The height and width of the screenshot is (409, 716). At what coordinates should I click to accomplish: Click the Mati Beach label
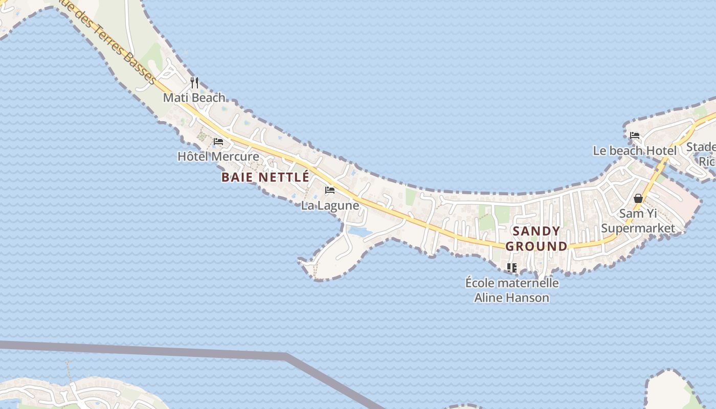(194, 97)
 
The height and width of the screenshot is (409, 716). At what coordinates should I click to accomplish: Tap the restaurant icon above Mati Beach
(194, 82)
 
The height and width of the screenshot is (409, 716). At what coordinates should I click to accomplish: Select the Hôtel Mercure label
(218, 156)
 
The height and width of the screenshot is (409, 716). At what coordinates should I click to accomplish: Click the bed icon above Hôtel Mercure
(218, 141)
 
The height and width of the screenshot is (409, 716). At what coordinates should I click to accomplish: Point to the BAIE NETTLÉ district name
(265, 177)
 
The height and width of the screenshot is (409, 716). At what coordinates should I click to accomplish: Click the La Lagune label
(330, 206)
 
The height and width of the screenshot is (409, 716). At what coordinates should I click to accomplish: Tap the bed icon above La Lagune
(330, 191)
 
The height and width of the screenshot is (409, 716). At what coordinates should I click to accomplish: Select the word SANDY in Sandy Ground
(536, 231)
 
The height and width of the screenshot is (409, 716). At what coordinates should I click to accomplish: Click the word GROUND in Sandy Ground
(536, 246)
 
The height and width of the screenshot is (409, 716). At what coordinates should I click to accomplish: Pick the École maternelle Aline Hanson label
(512, 290)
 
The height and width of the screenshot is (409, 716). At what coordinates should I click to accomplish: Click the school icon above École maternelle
(511, 267)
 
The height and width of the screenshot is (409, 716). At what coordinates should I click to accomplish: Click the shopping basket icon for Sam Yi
(638, 198)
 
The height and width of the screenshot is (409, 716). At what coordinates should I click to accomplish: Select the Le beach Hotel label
(634, 151)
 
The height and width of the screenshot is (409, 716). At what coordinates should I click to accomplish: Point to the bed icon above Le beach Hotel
(635, 135)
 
